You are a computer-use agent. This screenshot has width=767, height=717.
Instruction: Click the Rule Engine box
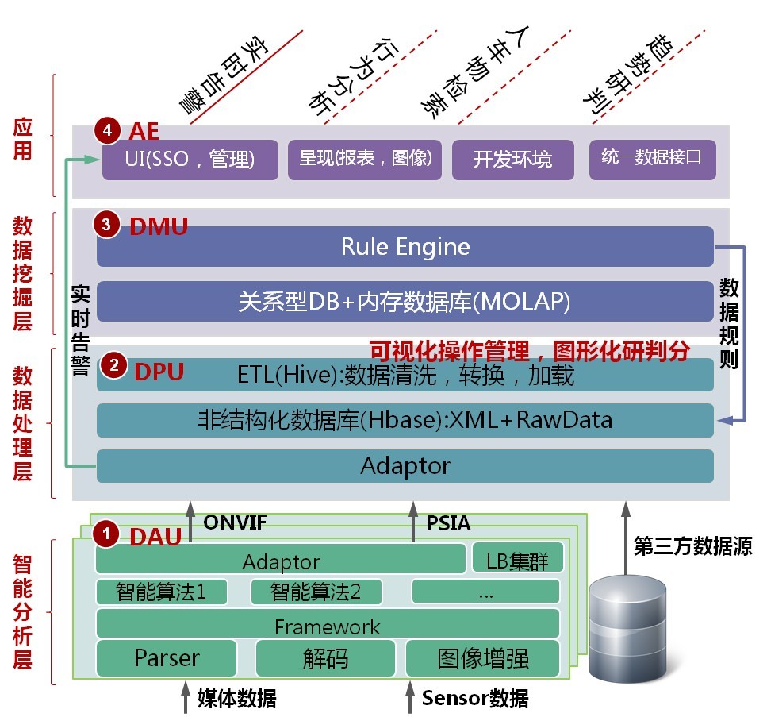pyautogui.click(x=405, y=246)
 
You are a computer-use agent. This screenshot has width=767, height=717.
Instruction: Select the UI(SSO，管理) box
pyautogui.click(x=190, y=160)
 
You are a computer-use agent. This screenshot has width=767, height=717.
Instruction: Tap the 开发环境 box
pyautogui.click(x=512, y=160)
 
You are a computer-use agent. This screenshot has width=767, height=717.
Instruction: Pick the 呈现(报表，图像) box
pyautogui.click(x=365, y=160)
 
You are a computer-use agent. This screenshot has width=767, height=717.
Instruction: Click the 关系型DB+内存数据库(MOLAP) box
pyautogui.click(x=405, y=302)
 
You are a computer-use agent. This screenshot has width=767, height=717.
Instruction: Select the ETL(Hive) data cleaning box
pyautogui.click(x=405, y=375)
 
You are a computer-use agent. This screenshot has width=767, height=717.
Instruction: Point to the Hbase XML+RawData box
pyautogui.click(x=405, y=420)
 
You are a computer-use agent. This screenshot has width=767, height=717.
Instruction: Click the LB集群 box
pyautogui.click(x=517, y=559)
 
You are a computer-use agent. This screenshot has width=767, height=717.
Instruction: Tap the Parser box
pyautogui.click(x=167, y=658)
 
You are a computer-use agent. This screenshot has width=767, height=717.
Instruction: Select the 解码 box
pyautogui.click(x=325, y=658)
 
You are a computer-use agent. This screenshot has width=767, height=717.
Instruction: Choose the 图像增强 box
pyautogui.click(x=482, y=658)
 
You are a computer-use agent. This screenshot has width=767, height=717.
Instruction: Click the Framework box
pyautogui.click(x=327, y=626)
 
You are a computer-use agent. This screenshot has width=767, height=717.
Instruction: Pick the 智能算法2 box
pyautogui.click(x=316, y=592)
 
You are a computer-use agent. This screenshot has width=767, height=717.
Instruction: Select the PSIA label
pyautogui.click(x=448, y=523)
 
